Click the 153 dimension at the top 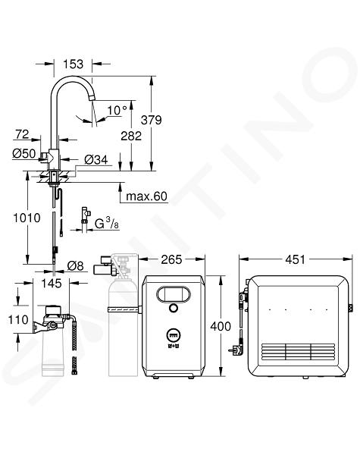point(73,64)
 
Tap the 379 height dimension point(151,120)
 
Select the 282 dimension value point(131,136)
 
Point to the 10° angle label point(117,110)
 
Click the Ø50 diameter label point(23,153)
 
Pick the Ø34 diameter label point(96,159)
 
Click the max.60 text point(146,196)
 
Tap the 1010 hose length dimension point(27,218)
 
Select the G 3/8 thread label point(107,224)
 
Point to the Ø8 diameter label point(75,265)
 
